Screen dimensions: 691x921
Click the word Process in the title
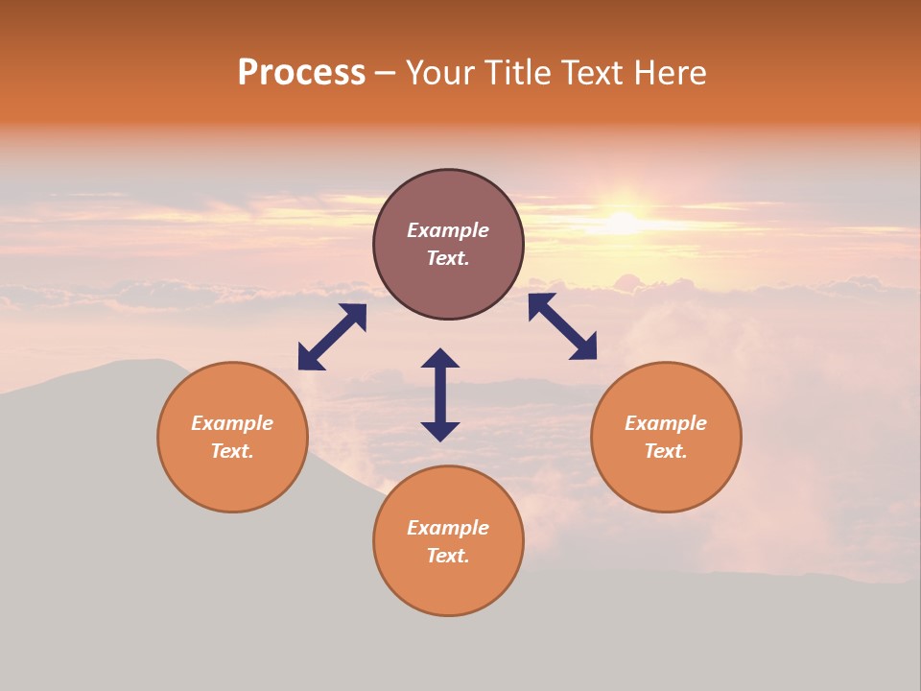pos(301,73)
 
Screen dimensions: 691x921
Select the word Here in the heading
pos(668,73)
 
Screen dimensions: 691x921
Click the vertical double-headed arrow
pos(440,394)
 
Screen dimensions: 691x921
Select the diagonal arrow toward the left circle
pos(332,336)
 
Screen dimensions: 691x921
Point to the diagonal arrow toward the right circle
pos(562,326)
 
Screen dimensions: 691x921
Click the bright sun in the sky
pos(624,221)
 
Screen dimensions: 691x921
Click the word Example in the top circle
pos(448,230)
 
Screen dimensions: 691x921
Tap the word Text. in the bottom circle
pos(448,556)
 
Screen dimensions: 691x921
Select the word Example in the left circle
pos(232,423)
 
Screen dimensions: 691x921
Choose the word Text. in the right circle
pos(666,451)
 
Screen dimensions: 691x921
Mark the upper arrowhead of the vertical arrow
pos(440,358)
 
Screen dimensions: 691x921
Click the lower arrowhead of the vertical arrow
pos(440,431)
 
